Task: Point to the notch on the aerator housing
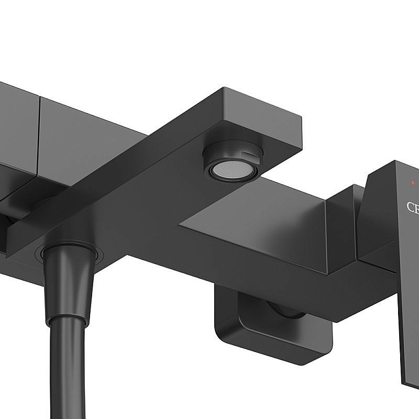click(246, 152)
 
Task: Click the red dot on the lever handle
click(413, 183)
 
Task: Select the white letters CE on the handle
click(413, 207)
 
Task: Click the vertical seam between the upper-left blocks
click(39, 134)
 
